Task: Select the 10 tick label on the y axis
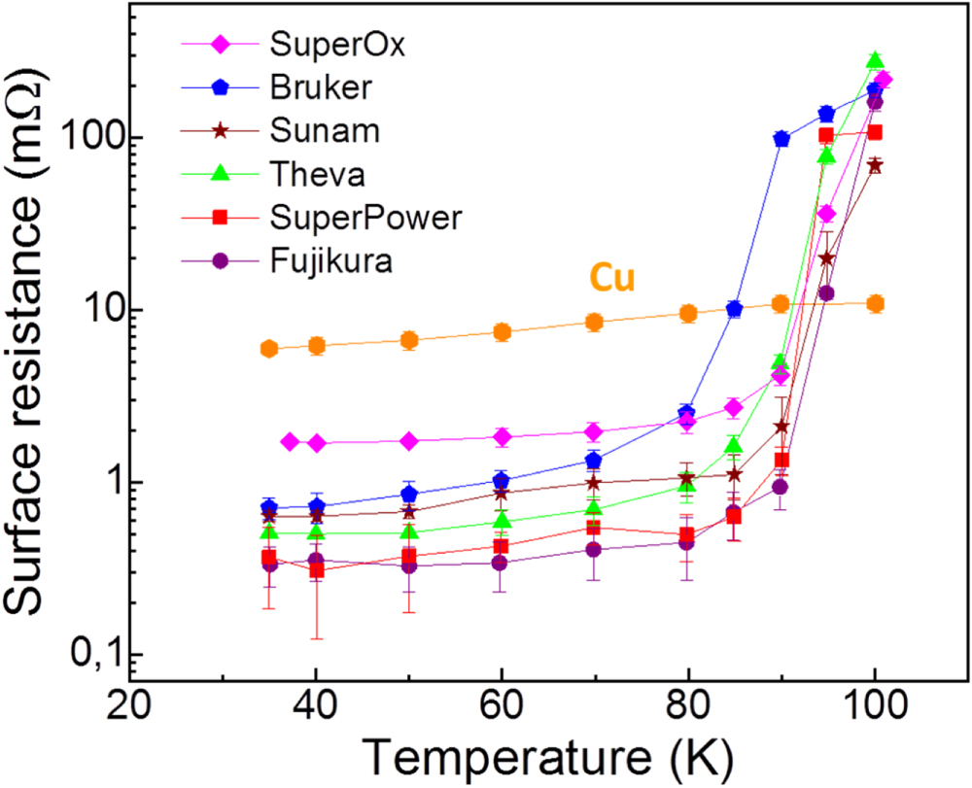click(x=99, y=311)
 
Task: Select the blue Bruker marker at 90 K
click(x=781, y=139)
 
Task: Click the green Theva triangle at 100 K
click(x=875, y=60)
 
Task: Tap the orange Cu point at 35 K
click(x=270, y=349)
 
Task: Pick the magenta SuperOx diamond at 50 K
click(x=409, y=441)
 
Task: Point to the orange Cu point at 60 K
click(x=502, y=332)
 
